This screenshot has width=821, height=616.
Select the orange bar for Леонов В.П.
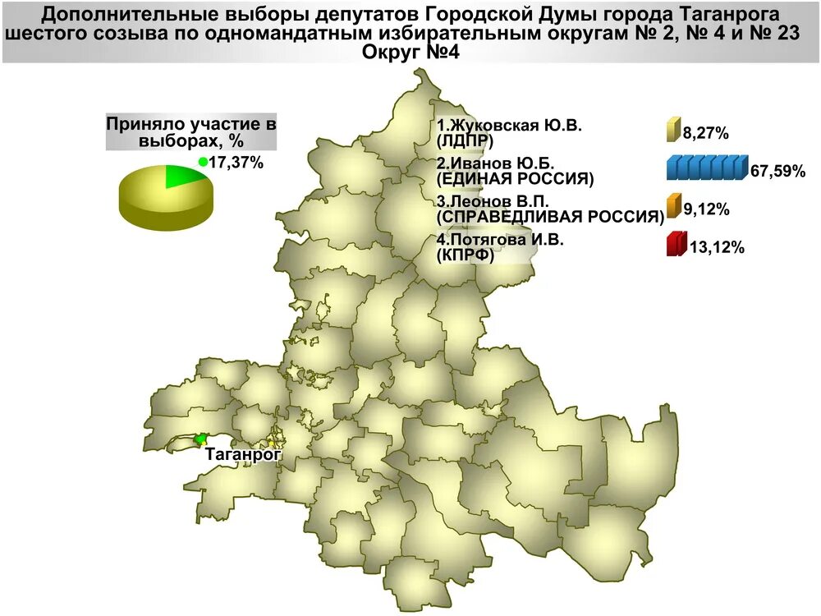pos(673,207)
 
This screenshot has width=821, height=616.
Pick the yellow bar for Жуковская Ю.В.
pos(672,130)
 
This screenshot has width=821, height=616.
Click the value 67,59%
pos(777,172)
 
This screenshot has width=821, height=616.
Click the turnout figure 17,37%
pos(236,163)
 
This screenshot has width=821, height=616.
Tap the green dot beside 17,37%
pos(203,162)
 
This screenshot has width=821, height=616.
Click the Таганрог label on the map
pos(243,453)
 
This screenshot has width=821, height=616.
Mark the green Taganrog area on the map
pos(200,439)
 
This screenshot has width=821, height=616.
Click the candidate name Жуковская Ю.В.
pos(509,126)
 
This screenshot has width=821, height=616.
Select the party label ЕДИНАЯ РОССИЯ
pos(515,177)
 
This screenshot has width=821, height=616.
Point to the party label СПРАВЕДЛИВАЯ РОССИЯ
pos(550,217)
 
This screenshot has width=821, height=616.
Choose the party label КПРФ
pos(466,255)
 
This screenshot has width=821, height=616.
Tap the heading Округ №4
pos(410,52)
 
